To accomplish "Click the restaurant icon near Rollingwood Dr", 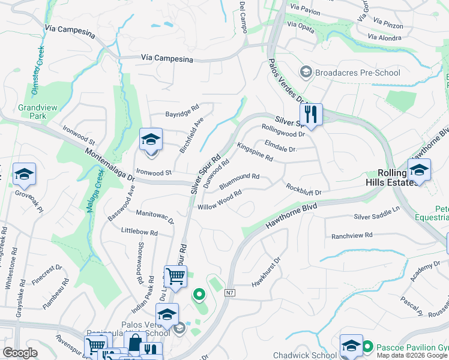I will tap(311, 114).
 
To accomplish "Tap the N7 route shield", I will tap(230, 293).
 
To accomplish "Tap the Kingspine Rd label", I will tap(255, 153).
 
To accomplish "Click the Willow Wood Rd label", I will tap(220, 200).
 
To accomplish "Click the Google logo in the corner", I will tap(20, 352).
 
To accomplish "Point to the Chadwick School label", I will tap(305, 355).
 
